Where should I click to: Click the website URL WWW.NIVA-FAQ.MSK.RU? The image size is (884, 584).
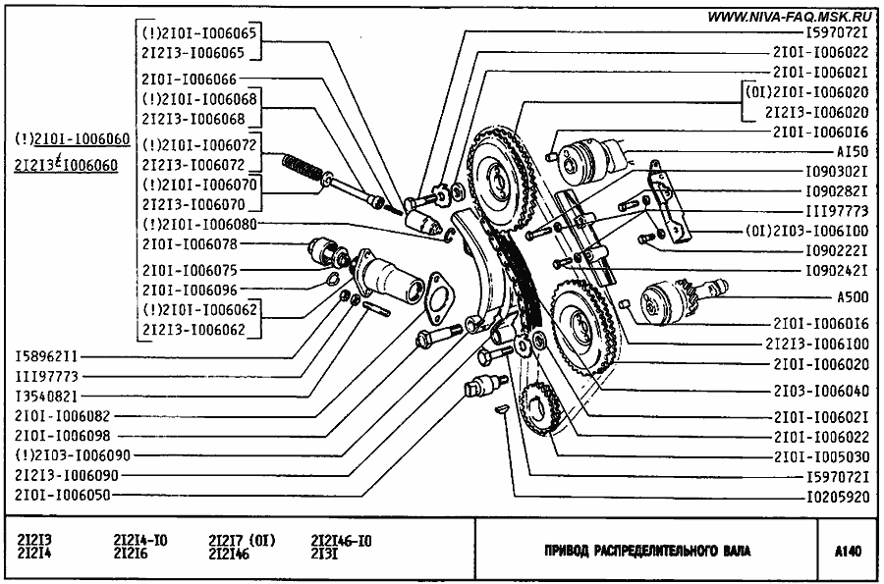[x=790, y=15]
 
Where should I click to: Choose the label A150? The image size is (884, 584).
[x=851, y=152]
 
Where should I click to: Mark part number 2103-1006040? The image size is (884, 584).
[x=819, y=390]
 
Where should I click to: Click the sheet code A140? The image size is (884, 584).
[x=850, y=552]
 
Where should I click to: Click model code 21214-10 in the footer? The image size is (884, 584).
[x=140, y=541]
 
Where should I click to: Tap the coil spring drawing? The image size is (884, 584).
[x=304, y=168]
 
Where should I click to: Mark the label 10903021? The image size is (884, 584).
[x=834, y=171]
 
